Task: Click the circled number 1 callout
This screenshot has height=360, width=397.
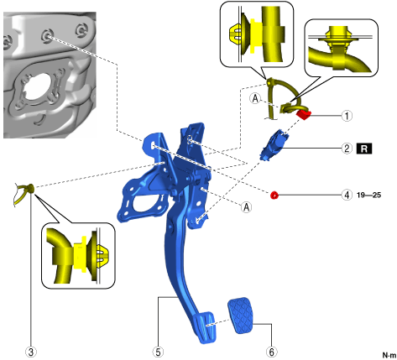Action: (x=347, y=115)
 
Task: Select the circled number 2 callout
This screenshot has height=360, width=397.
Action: (x=347, y=149)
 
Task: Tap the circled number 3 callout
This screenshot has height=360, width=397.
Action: (x=31, y=352)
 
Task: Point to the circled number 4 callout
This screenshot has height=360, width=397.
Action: (x=347, y=195)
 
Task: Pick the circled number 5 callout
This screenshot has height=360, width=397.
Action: (x=158, y=352)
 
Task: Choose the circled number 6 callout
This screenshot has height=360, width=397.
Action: (x=271, y=352)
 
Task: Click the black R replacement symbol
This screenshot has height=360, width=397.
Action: (x=364, y=149)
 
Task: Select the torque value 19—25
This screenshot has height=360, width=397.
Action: (x=368, y=195)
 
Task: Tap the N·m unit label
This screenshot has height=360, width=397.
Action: (x=389, y=355)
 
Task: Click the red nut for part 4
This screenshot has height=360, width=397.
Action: (x=274, y=195)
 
